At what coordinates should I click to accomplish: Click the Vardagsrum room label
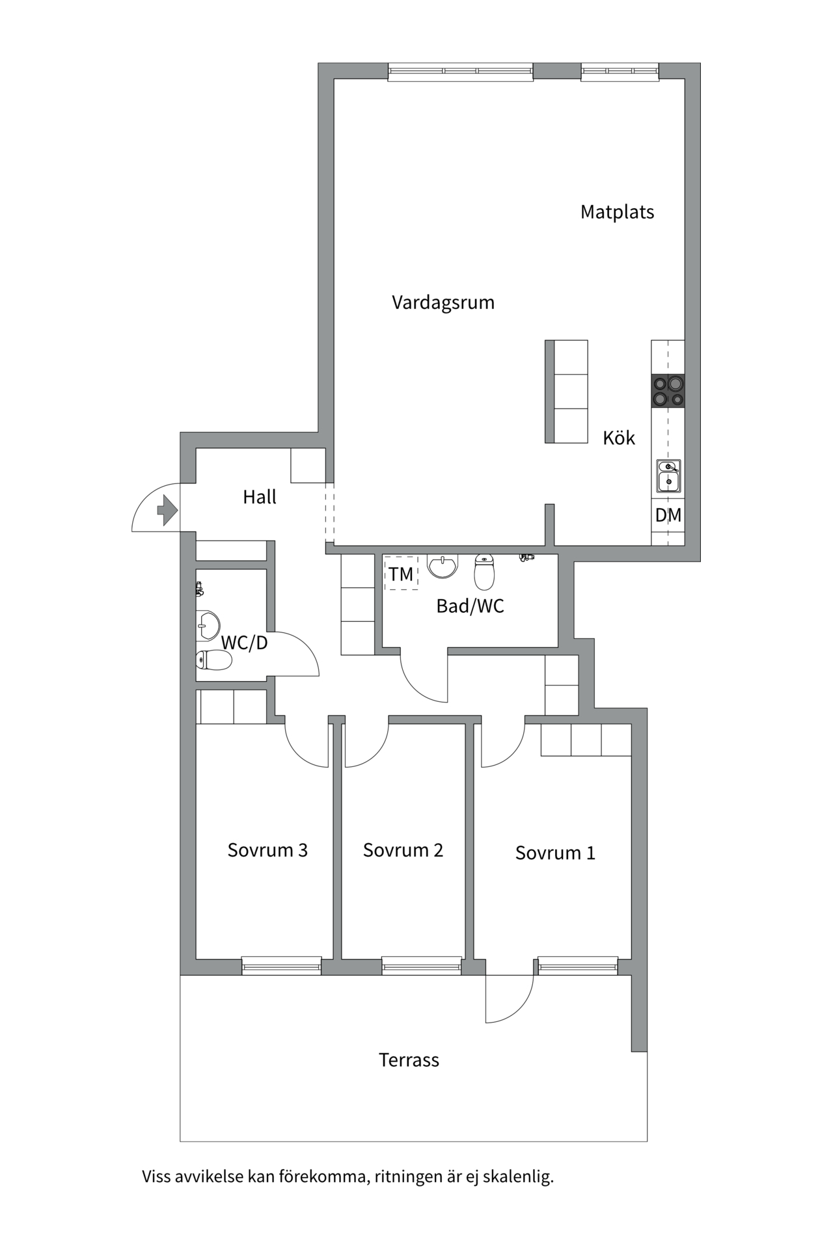(x=443, y=302)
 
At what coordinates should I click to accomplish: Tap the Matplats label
(x=617, y=212)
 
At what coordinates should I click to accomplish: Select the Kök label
(x=618, y=438)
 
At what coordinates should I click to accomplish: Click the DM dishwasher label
(x=668, y=515)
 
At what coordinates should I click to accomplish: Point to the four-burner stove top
(x=668, y=391)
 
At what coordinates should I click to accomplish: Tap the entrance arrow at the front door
(x=167, y=509)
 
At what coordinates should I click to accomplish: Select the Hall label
(x=259, y=497)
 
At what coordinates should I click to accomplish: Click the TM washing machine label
(x=401, y=574)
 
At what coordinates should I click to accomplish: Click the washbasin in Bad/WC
(x=443, y=565)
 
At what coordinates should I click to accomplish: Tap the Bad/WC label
(x=470, y=606)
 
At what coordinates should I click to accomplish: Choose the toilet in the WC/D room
(x=213, y=660)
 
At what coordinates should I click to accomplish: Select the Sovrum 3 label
(x=267, y=850)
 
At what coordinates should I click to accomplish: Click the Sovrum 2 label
(x=403, y=850)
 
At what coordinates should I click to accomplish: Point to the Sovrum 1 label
(x=555, y=853)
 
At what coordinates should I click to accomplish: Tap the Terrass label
(x=409, y=1060)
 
